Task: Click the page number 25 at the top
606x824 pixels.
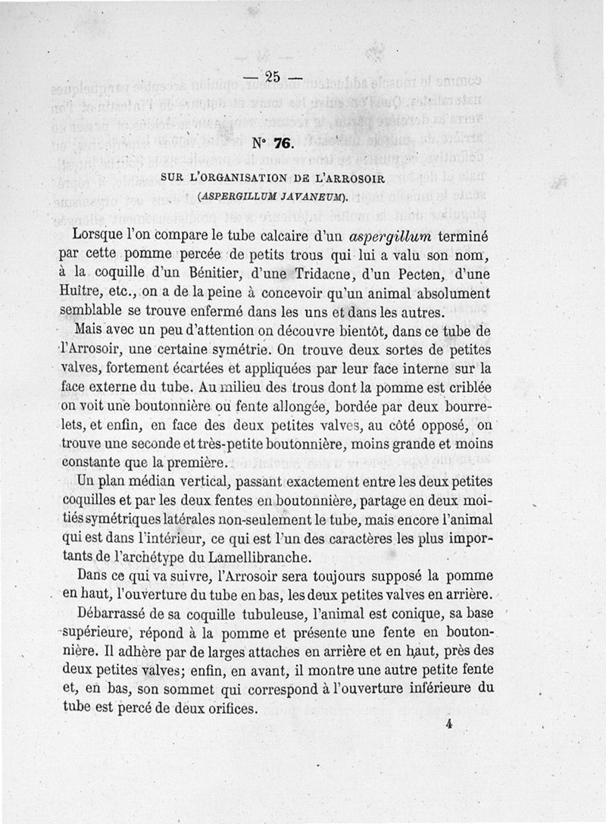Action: click(273, 76)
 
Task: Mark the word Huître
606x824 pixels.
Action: click(80, 293)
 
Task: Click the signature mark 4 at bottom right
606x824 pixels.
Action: click(449, 723)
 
